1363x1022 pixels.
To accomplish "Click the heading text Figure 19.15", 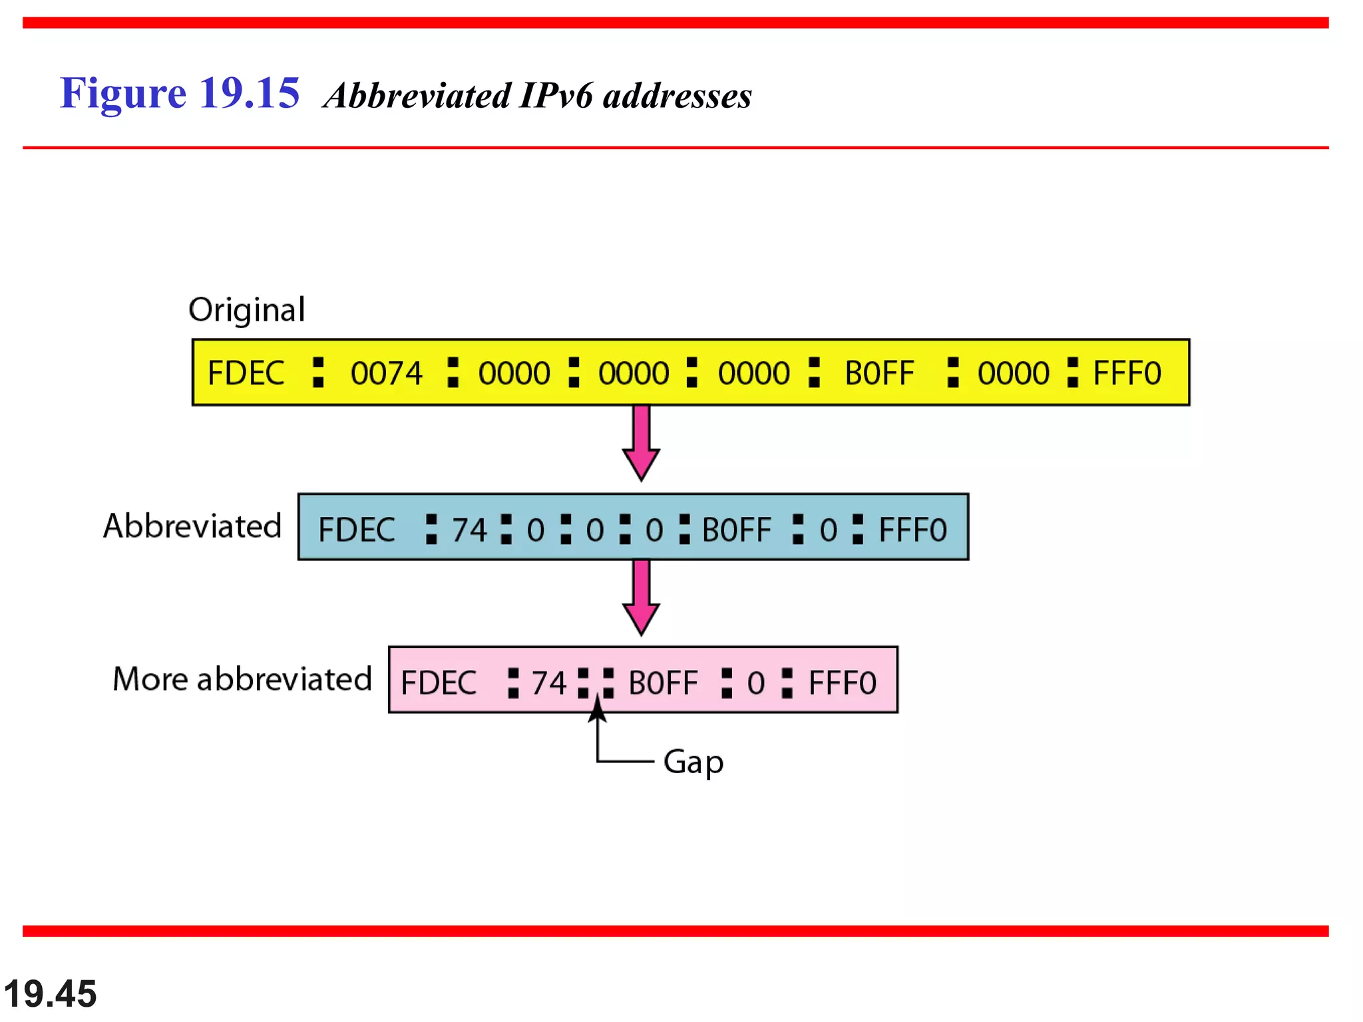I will point(180,93).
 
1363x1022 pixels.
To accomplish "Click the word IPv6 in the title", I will point(555,96).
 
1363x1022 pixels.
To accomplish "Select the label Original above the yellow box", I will point(247,310).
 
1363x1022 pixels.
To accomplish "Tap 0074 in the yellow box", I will point(387,373).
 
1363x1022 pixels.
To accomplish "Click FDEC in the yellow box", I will point(246,373).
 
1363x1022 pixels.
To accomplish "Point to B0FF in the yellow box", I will point(879,373).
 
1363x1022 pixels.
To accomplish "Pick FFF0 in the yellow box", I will point(1127,373).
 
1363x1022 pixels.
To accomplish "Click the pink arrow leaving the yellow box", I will point(641,442).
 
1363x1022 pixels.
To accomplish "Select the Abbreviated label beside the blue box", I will point(192,526).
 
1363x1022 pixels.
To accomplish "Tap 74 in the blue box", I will point(470,531).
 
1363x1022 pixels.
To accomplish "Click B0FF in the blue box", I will point(737,531).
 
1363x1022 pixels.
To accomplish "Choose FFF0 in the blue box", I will point(912,531).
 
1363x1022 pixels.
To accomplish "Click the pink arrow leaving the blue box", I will point(641,597).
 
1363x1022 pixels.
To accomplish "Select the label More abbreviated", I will point(242,679).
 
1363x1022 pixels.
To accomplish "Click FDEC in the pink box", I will point(439,683).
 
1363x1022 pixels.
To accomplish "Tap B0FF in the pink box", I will point(663,683).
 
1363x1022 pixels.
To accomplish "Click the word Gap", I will point(693,762).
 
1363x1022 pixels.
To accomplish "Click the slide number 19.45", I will point(51,994).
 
